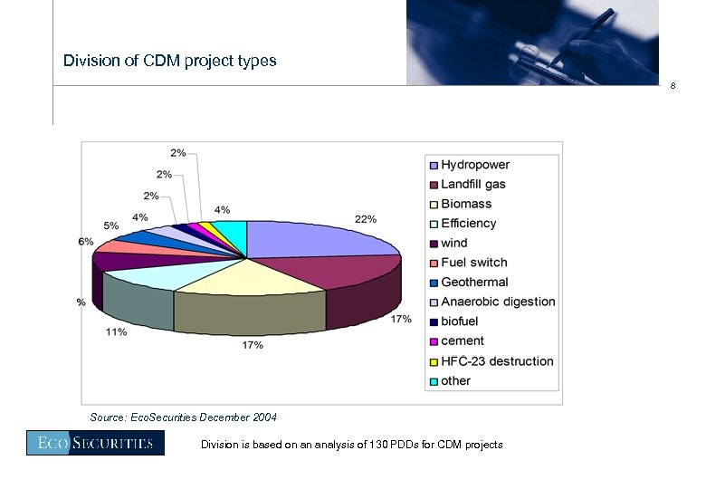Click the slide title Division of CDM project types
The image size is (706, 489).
169,62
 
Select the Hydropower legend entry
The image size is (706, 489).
474,165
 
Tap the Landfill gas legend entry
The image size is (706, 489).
472,184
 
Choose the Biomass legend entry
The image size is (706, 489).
465,204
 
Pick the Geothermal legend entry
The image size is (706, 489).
474,283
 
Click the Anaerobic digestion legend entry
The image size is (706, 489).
498,302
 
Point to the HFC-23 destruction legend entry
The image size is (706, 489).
497,361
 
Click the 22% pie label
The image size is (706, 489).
366,219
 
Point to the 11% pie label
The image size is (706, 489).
116,332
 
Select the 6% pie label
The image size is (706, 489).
86,241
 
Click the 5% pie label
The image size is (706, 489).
110,225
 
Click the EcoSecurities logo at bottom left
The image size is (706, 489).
95,443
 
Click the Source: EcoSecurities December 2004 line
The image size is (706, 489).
184,417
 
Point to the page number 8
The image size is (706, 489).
673,86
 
